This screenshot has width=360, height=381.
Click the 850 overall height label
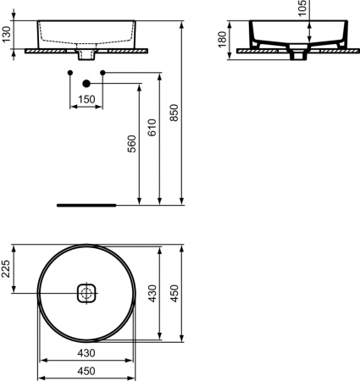pyautogui.click(x=175, y=114)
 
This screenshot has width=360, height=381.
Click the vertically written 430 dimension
pyautogui.click(x=152, y=294)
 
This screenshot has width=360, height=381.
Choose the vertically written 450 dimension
pyautogui.click(x=175, y=294)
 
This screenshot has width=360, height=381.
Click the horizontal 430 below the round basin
pyautogui.click(x=86, y=352)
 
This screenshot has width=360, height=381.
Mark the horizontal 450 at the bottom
pyautogui.click(x=86, y=370)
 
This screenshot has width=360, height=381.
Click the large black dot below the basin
pyautogui.click(x=86, y=83)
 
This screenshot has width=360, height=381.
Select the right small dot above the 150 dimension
pyautogui.click(x=102, y=74)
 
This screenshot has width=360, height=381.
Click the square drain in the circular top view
pyautogui.click(x=86, y=293)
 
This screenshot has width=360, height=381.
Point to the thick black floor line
pyautogui.click(x=86, y=205)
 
